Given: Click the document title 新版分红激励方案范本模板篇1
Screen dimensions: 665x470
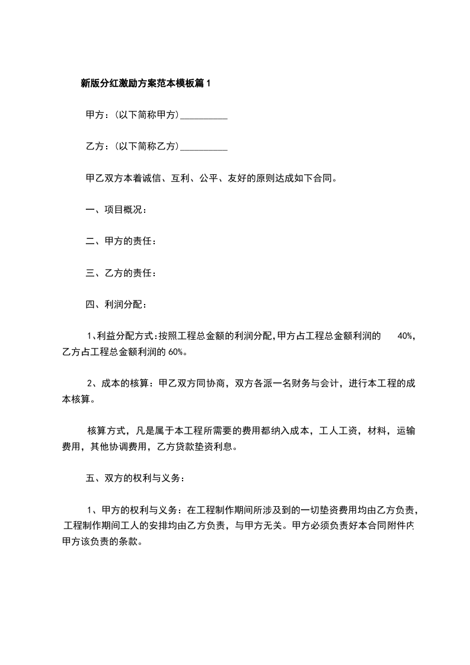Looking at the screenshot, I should (x=145, y=84).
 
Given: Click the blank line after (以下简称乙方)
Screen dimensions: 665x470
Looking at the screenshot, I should (x=203, y=146).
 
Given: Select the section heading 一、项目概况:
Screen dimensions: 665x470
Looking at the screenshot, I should (x=116, y=209).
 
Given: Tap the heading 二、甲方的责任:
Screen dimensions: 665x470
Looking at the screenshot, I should (x=121, y=241).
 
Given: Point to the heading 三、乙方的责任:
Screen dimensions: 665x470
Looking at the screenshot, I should (x=121, y=273).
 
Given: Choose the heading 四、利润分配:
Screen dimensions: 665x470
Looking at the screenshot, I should (x=116, y=305).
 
